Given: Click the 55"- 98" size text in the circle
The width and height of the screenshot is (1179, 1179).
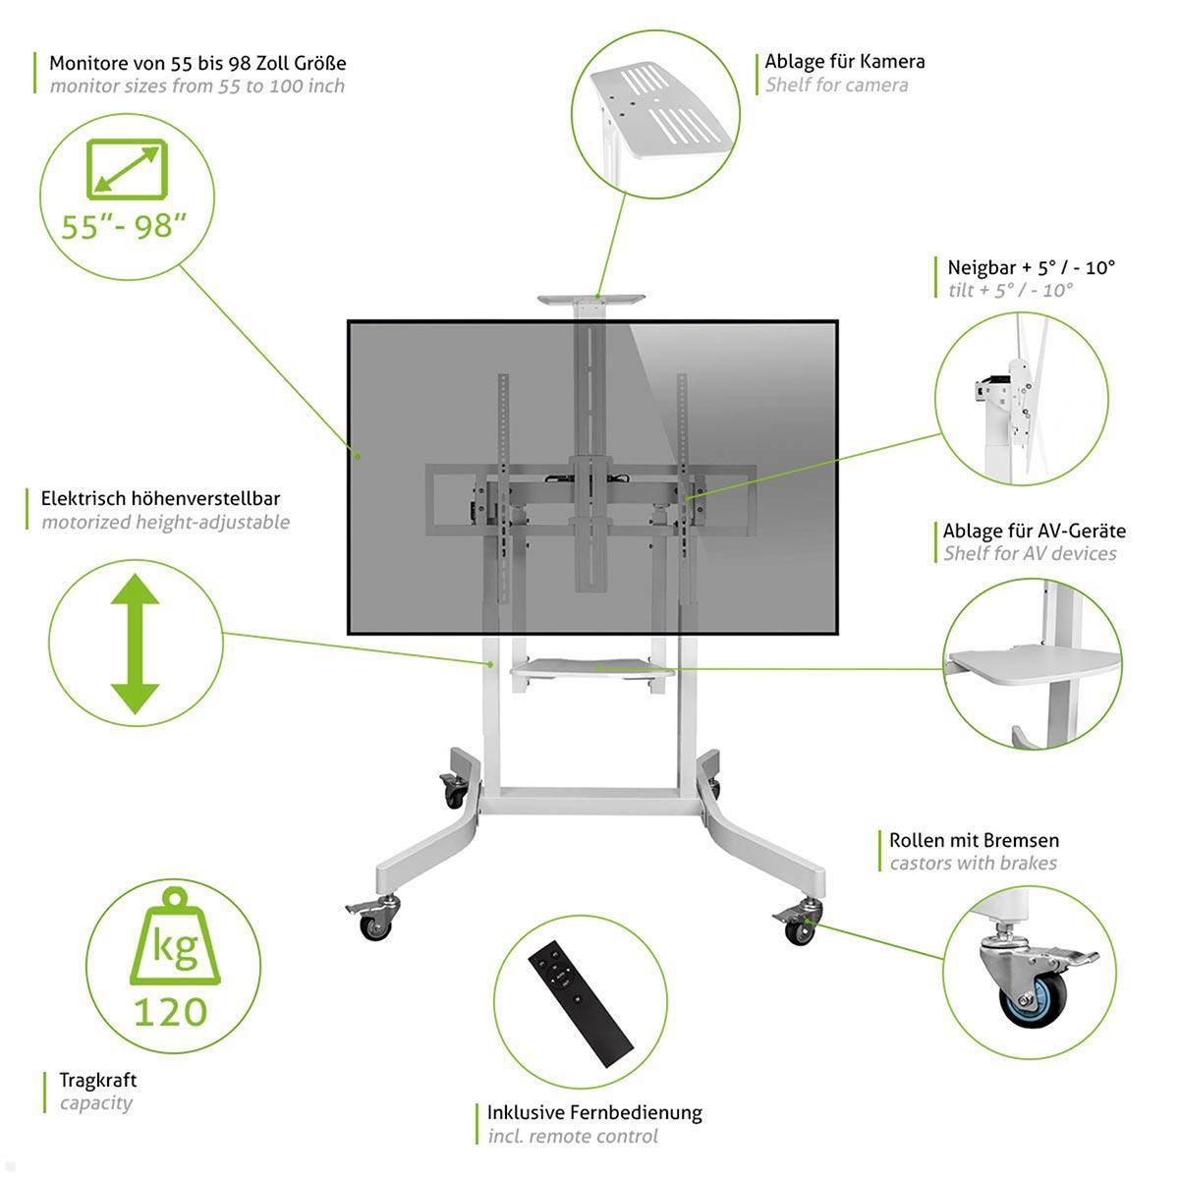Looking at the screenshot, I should (124, 227).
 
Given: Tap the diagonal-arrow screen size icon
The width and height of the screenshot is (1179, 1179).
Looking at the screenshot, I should (127, 168).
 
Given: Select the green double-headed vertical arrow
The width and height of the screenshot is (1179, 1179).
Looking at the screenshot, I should (135, 643).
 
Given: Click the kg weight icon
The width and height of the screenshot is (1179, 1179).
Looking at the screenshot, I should (174, 938).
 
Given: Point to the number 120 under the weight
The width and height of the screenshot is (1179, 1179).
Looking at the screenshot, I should (170, 1011).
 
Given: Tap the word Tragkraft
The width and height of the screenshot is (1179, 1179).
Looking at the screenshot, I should (98, 1080).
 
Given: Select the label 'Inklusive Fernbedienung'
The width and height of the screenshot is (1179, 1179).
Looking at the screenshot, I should (594, 1112).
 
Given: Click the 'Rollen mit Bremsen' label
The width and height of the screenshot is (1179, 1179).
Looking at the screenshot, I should (974, 840).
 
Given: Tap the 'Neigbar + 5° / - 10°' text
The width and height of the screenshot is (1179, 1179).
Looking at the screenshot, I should (1031, 267).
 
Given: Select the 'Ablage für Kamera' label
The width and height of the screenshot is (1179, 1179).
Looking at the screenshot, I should (844, 61).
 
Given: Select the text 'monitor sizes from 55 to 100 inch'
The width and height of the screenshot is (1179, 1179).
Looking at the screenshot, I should (197, 86).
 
